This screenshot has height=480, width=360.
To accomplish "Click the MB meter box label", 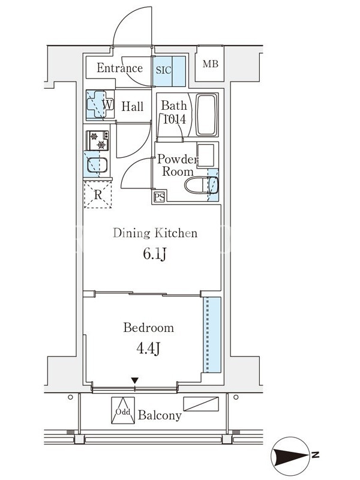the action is click(x=211, y=64).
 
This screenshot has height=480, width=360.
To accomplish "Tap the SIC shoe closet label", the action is click(x=163, y=70).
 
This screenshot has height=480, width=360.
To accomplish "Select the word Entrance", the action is click(x=119, y=68).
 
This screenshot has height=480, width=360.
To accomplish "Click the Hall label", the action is click(x=132, y=107).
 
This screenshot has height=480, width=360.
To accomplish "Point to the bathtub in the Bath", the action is click(x=206, y=115).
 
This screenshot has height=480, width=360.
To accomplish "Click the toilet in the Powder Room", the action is click(x=202, y=185).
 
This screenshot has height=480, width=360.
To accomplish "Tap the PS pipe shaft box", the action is click(x=160, y=197).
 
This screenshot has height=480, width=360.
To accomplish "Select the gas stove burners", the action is click(x=98, y=140).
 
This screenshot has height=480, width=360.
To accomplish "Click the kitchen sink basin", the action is click(x=97, y=165).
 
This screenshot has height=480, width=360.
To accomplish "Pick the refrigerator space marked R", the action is click(x=98, y=194).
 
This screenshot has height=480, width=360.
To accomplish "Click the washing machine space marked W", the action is click(x=100, y=104).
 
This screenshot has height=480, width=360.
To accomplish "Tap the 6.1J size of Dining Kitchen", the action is click(x=155, y=254).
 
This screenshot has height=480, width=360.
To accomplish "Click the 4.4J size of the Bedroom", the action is click(x=148, y=348).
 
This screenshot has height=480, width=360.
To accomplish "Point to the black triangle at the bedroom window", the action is click(x=134, y=381).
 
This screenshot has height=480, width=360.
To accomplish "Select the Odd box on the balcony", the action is click(x=123, y=410).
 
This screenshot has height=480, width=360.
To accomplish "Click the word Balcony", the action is click(x=160, y=415).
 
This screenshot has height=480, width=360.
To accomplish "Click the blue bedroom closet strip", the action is click(x=212, y=335).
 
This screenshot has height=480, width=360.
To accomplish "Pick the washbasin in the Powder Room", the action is click(x=205, y=155).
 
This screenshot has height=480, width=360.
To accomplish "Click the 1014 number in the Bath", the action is click(x=175, y=119).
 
